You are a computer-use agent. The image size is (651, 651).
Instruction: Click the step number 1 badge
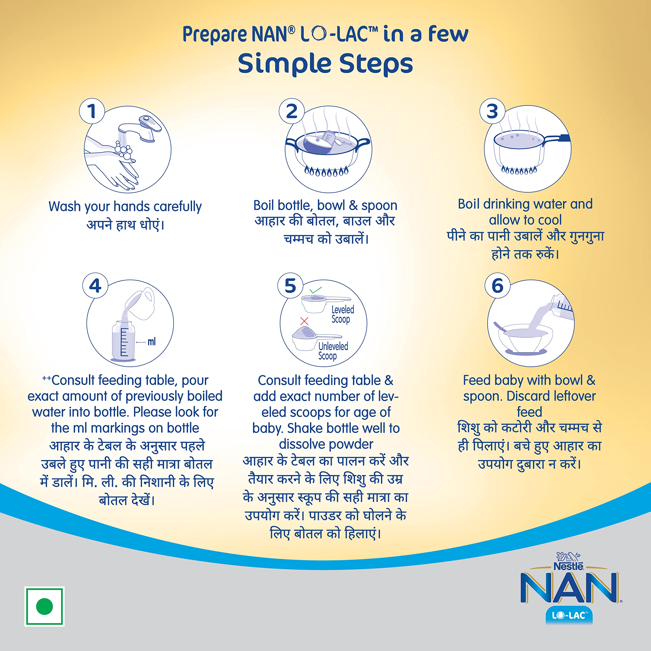[92, 111]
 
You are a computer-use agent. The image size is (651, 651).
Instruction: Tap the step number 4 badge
[95, 286]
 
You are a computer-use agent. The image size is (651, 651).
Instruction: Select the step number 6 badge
[498, 286]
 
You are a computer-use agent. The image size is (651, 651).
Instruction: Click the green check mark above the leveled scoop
[316, 290]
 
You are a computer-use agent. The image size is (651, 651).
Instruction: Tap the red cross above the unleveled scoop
[304, 321]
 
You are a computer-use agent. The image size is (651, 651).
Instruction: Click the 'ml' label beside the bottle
[152, 342]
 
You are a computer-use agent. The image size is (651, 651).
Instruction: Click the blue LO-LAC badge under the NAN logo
[569, 616]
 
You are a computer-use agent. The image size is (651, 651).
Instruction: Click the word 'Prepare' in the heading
[215, 34]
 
